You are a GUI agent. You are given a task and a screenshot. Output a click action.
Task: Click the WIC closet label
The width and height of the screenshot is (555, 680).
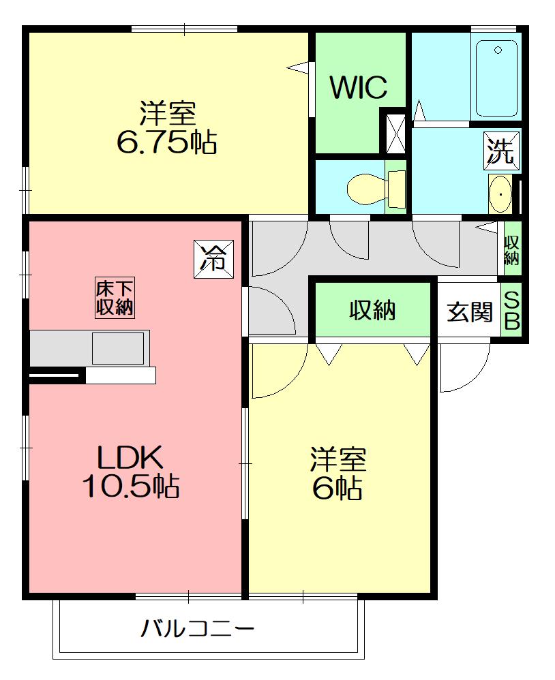[359, 87]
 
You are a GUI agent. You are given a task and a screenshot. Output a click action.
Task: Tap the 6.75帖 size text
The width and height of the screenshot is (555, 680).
[167, 142]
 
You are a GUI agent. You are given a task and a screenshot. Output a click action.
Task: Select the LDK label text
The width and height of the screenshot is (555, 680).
[130, 457]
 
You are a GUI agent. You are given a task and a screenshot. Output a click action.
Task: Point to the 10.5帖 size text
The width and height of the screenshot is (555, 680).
[131, 486]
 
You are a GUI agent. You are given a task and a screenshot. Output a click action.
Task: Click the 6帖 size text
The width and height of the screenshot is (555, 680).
[337, 489]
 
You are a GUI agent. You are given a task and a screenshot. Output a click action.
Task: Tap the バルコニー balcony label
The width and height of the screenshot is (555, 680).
[198, 628]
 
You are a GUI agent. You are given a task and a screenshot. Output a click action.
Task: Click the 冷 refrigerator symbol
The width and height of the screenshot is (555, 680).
[213, 259]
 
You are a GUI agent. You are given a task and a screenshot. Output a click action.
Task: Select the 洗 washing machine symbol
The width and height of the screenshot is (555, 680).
[501, 150]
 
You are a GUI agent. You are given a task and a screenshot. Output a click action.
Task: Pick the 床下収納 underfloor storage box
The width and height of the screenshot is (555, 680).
[115, 298]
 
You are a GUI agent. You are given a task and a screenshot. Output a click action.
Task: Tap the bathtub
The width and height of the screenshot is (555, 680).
[496, 78]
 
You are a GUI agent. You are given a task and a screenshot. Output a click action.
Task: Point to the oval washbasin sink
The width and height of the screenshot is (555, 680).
[500, 194]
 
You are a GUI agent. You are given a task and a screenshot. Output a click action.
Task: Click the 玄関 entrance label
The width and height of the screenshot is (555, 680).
[470, 312]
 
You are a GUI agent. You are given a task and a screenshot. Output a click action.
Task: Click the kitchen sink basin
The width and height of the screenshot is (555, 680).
[117, 348]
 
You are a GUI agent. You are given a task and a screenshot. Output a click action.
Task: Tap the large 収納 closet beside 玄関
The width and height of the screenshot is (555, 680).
[372, 309]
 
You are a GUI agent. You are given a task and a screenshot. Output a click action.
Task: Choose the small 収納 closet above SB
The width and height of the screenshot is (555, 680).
[512, 249]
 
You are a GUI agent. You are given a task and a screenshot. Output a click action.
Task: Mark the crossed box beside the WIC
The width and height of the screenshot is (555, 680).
[395, 133]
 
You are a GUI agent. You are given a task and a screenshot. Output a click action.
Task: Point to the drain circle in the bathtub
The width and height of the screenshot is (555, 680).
[498, 50]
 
